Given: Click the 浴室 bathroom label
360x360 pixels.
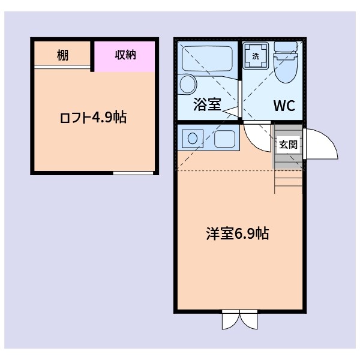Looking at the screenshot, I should coord(207,105).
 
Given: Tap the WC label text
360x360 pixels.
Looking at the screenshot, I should coord(284,106).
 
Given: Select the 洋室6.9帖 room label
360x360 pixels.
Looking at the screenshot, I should coord(237,234).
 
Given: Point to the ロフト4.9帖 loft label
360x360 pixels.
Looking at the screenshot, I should coord(93,118).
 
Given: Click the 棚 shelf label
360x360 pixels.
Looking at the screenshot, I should coord(62,55).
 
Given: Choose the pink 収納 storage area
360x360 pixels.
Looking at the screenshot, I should coord(125,55).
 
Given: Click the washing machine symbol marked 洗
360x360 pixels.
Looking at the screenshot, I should coord(256,56).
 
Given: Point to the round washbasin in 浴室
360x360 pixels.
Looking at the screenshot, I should coord(187,83).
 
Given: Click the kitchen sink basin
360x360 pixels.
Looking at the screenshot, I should coord(225,139).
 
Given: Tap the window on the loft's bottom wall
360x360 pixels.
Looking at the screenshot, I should coord(133,173).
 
